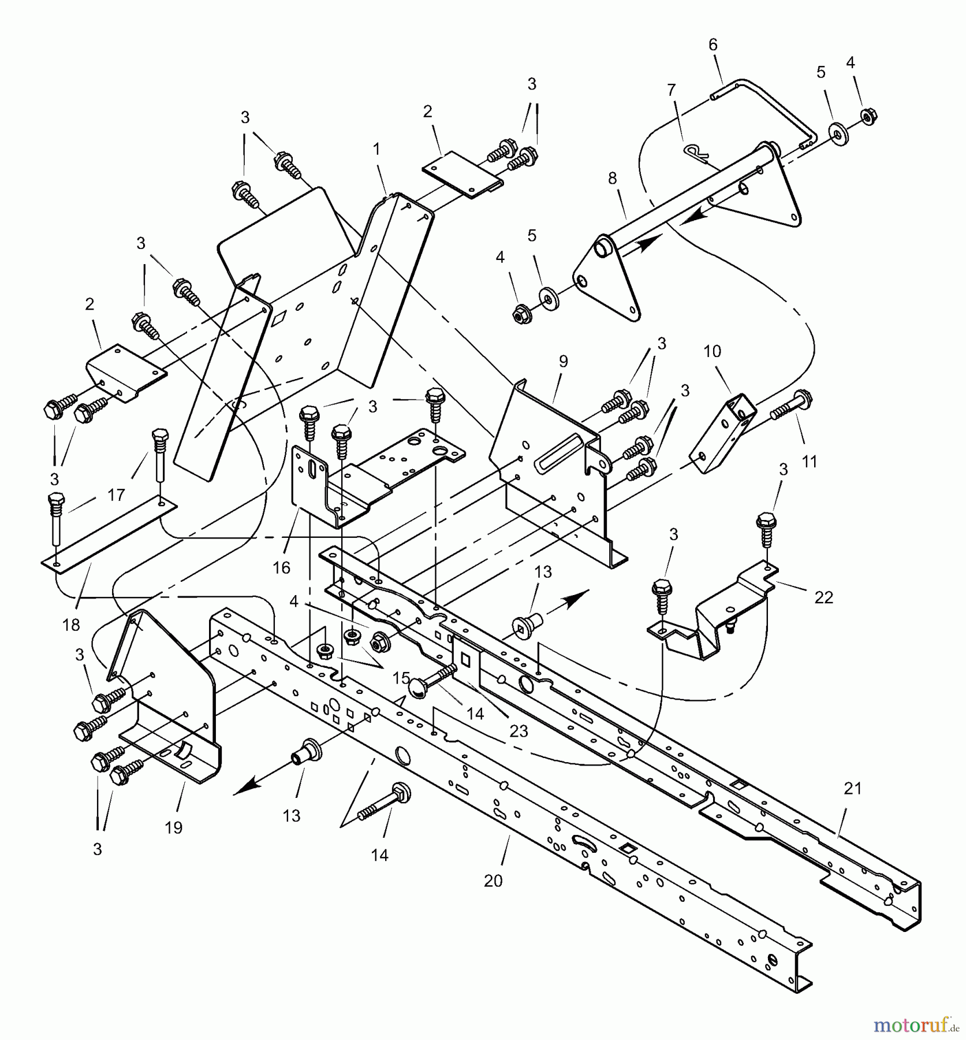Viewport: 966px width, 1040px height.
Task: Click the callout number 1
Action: click(376, 150)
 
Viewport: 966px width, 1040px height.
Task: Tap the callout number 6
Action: click(713, 45)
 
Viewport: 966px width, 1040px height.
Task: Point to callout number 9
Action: click(564, 362)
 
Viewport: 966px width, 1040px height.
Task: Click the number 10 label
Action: click(712, 351)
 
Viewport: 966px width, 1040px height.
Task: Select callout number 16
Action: click(281, 568)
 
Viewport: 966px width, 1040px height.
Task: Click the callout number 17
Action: click(116, 495)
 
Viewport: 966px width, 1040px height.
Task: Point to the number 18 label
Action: click(71, 625)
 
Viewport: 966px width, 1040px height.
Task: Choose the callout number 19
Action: click(173, 827)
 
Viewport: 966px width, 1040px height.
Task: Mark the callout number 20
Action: click(493, 881)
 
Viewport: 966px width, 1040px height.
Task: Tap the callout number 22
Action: click(823, 597)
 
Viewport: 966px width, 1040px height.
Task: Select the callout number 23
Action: click(519, 731)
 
